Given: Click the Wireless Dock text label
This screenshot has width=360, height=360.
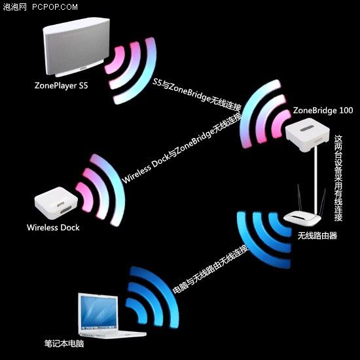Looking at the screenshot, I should click(53, 228).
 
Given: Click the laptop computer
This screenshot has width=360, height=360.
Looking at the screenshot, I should click(99, 315).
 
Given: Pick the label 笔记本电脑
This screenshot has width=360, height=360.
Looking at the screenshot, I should click(64, 342).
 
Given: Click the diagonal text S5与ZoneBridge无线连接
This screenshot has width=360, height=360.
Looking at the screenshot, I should click(196, 96).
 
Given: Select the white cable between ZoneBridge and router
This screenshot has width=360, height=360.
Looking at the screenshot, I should click(314, 180).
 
